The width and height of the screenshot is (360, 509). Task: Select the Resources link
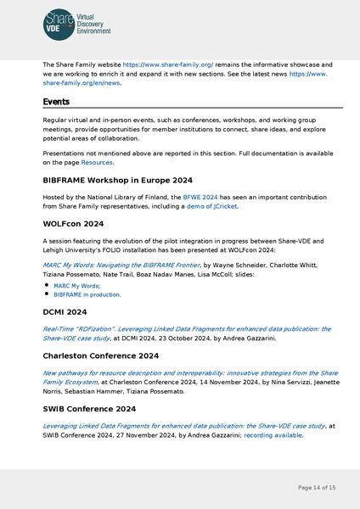[x=97, y=162]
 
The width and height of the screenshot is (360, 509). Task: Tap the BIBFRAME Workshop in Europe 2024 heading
[x=117, y=181]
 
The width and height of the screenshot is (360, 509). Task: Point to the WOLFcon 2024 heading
[x=73, y=225]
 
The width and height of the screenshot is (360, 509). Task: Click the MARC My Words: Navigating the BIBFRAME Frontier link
[x=121, y=265]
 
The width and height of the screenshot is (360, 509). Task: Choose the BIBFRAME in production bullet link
[x=87, y=295]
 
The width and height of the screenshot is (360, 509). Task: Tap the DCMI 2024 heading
[x=65, y=312]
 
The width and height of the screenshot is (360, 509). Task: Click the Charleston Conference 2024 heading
[x=100, y=355]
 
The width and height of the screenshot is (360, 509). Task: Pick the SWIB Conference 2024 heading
[x=88, y=409]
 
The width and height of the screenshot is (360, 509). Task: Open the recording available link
[x=273, y=435]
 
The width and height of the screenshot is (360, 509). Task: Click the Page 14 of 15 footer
[x=317, y=488]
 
